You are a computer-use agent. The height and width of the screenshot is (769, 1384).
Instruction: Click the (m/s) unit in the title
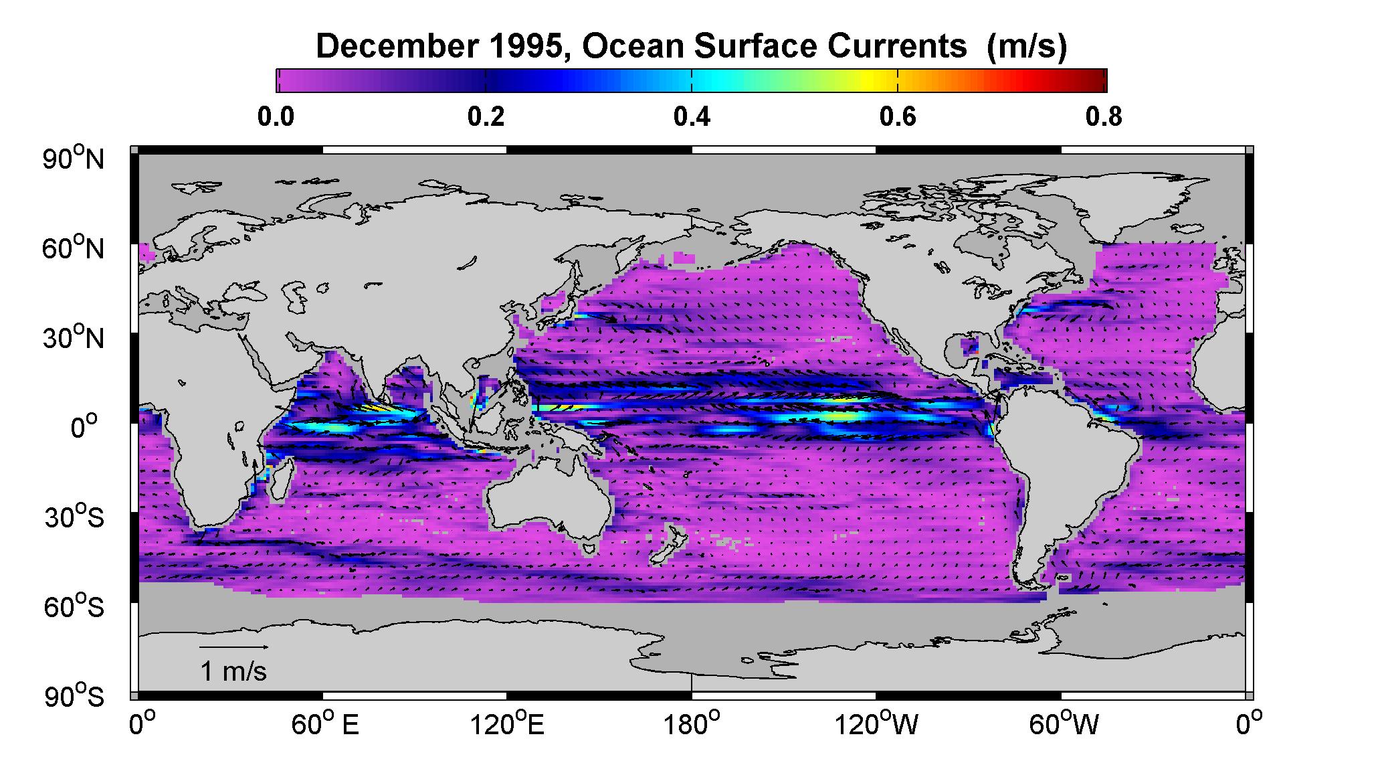click(1027, 47)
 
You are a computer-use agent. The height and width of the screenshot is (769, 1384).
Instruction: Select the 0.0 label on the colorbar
click(276, 117)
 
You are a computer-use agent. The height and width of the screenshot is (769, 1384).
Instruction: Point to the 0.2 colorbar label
click(486, 117)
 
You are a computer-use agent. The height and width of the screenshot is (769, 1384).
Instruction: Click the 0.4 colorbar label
click(692, 117)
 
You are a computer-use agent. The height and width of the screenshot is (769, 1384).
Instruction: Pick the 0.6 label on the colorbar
click(898, 117)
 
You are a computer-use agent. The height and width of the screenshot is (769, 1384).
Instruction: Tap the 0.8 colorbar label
click(1104, 117)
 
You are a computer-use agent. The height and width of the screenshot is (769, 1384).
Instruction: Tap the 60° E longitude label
click(324, 724)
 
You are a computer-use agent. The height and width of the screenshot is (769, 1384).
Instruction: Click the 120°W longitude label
click(877, 724)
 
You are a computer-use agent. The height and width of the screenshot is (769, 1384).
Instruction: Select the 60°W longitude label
click(1064, 724)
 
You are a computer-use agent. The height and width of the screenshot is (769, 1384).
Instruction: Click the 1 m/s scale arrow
click(235, 647)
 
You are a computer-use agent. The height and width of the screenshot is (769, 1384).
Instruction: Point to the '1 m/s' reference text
click(233, 671)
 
